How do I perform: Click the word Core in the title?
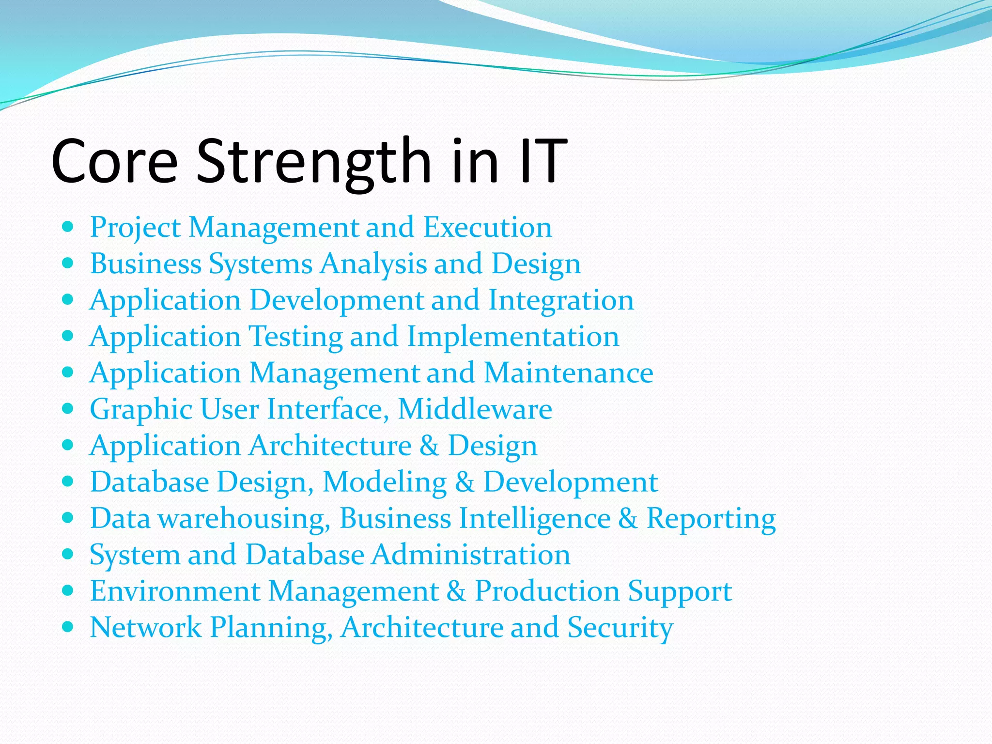(x=114, y=162)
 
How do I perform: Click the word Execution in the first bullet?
(x=487, y=227)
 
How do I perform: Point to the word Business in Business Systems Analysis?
(x=145, y=264)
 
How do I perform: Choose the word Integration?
(x=561, y=300)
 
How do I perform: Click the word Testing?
(x=295, y=337)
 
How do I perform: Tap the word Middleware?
(x=475, y=409)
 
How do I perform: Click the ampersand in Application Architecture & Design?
(x=429, y=446)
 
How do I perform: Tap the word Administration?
(x=471, y=555)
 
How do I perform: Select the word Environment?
(x=175, y=591)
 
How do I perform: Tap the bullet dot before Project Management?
(x=68, y=226)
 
